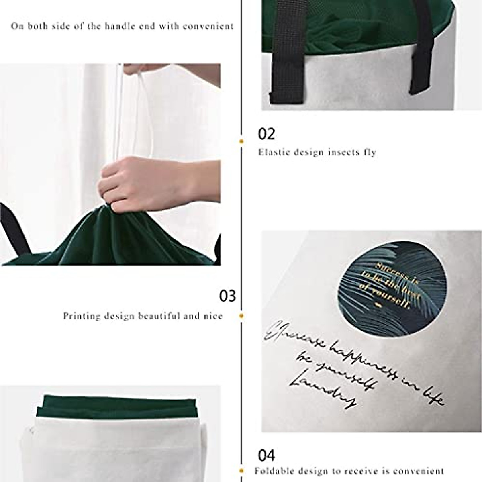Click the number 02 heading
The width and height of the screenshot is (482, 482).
pyautogui.click(x=267, y=134)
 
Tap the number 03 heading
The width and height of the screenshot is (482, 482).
pyautogui.click(x=227, y=296)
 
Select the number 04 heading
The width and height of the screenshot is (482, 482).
pyautogui.click(x=267, y=455)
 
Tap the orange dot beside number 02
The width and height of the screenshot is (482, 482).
pyautogui.click(x=242, y=141)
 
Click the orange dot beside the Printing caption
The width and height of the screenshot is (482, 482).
pyautogui.click(x=242, y=316)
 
